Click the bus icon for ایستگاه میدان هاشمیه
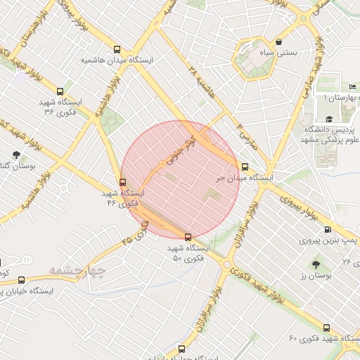pos(117,51)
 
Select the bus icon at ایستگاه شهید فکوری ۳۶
pos(60,91)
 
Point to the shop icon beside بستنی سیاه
pos(279,42)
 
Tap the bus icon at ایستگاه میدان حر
pos(245,167)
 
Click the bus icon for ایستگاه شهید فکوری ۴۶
pos(124,181)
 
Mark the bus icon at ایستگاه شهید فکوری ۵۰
pos(187,237)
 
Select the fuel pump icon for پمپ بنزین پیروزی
pos(327,229)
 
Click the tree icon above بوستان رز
pos(315,264)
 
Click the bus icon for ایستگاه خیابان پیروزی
pos(21,279)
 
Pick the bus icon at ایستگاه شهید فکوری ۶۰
pos(326,328)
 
